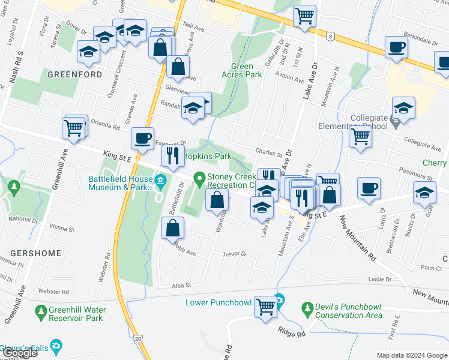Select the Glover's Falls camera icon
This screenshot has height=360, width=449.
pos(56,346)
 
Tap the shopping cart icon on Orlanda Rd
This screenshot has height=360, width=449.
pos(74,128)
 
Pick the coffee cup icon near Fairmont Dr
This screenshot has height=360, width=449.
pos(142,139)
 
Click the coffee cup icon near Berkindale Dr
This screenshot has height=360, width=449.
pos(396,47)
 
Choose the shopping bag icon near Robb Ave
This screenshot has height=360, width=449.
pos(172,228)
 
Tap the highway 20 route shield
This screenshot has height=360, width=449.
pos(139,339)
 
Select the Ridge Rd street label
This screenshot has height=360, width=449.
pos(292,332)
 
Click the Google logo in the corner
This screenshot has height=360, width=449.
pos(19,353)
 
